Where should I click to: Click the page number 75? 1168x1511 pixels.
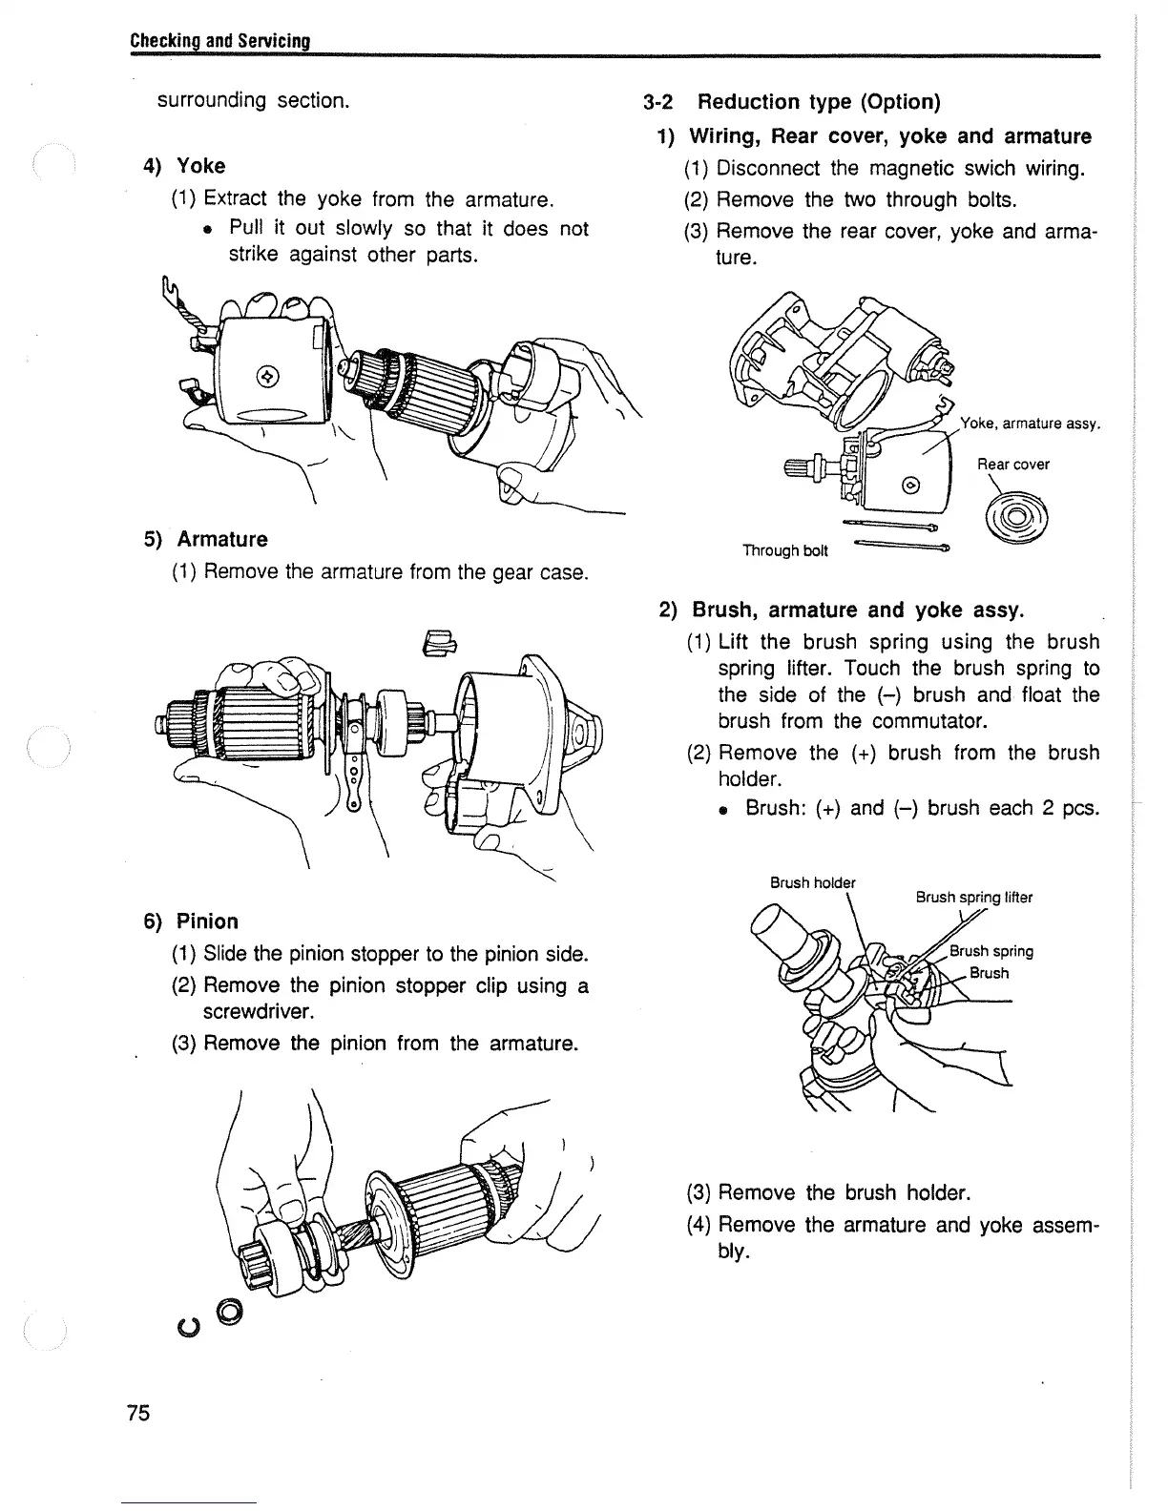138,1413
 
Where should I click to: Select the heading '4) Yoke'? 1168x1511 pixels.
184,166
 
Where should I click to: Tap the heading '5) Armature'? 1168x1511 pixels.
205,539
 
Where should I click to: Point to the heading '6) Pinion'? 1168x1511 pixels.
191,921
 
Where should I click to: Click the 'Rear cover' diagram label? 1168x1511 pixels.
1012,465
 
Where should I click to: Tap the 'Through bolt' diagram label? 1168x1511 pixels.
785,551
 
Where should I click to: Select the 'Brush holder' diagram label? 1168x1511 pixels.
812,882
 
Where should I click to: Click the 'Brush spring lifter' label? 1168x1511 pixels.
973,898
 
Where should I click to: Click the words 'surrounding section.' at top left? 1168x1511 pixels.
252,100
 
